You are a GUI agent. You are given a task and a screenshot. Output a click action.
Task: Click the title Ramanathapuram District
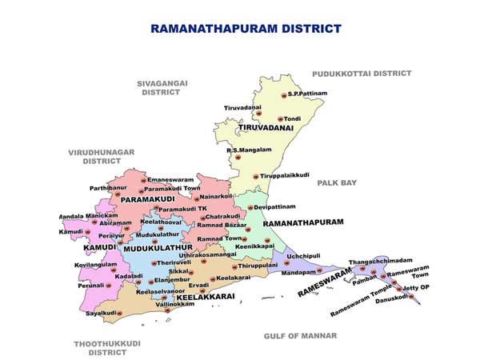coord(246,28)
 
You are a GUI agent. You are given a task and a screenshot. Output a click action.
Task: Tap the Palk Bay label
coord(337,183)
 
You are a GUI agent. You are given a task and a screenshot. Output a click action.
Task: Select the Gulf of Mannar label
coord(300,335)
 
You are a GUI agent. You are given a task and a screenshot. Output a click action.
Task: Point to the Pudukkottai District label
coord(362,73)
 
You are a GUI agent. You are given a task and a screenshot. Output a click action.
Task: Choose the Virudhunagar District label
coord(101,156)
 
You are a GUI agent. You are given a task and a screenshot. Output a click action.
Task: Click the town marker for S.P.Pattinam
coord(283,95)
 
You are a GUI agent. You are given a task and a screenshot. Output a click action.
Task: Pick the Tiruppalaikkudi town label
coord(286,175)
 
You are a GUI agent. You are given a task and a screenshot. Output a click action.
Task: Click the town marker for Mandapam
coord(318,271)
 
